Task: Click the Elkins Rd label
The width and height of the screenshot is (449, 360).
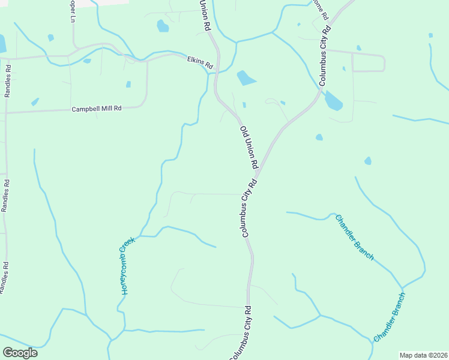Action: pyautogui.click(x=200, y=61)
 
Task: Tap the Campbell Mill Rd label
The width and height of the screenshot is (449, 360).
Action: pyautogui.click(x=96, y=109)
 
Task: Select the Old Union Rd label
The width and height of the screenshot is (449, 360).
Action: pyautogui.click(x=249, y=147)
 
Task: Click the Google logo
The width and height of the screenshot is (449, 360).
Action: pyautogui.click(x=20, y=353)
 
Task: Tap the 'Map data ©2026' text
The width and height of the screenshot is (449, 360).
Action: pyautogui.click(x=423, y=355)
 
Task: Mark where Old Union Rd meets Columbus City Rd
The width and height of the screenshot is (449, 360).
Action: pyautogui.click(x=259, y=172)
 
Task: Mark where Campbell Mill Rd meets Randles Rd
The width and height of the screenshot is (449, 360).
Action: pyautogui.click(x=7, y=112)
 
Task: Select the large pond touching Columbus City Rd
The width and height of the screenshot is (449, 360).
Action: pyautogui.click(x=333, y=101)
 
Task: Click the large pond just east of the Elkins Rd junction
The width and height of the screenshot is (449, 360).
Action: pyautogui.click(x=246, y=78)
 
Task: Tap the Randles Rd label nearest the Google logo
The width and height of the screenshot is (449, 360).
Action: pyautogui.click(x=5, y=278)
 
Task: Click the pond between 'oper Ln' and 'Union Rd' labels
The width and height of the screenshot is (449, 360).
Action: pyautogui.click(x=162, y=26)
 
